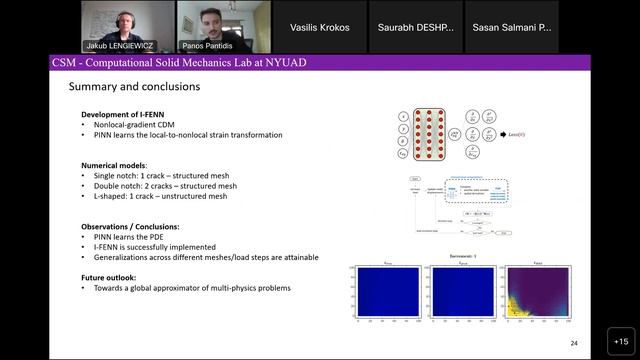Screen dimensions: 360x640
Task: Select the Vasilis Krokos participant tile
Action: (319, 27)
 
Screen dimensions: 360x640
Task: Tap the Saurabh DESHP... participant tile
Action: (415, 27)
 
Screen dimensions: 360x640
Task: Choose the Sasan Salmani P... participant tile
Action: (511, 27)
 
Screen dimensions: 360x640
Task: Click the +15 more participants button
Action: (620, 339)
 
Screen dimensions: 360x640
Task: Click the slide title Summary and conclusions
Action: (134, 87)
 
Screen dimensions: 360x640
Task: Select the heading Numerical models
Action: (114, 165)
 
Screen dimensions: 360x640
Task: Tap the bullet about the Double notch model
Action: (165, 186)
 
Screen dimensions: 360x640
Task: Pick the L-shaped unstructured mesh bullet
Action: (160, 196)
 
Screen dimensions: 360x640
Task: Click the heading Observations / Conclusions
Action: (131, 227)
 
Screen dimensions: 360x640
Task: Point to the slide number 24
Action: (574, 344)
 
